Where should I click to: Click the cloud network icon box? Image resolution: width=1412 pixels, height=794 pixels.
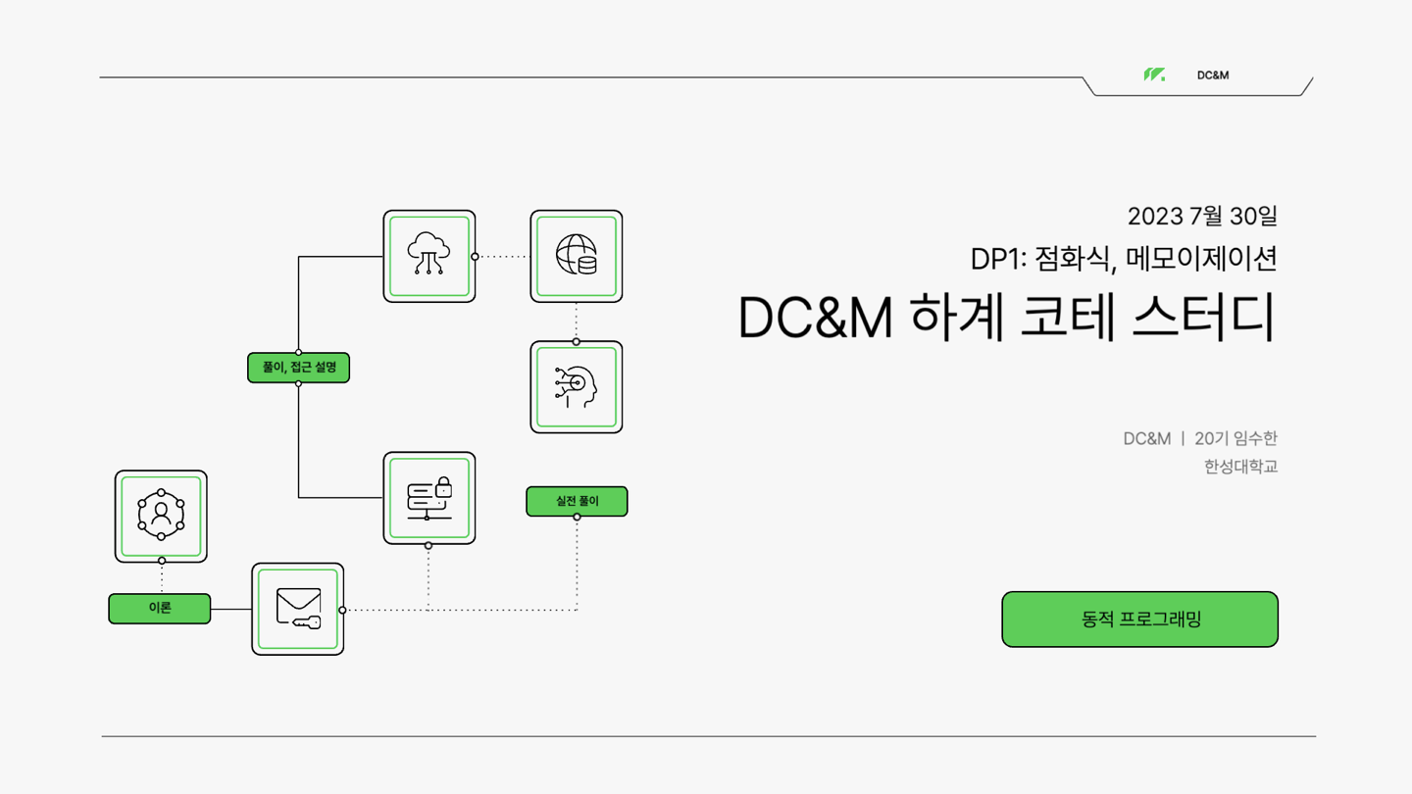(429, 256)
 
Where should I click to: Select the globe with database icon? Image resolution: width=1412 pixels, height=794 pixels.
(577, 256)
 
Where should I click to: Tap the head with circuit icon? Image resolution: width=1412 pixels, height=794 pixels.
(577, 387)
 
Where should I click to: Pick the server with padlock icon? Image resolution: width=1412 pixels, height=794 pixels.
(429, 498)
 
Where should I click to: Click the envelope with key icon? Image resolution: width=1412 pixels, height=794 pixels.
(298, 609)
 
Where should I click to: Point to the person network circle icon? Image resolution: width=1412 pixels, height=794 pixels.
(161, 516)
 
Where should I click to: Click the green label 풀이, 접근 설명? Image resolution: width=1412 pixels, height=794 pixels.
(298, 368)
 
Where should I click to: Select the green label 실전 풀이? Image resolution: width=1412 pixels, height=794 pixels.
(577, 501)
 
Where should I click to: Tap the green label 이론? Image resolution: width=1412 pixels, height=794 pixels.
(160, 609)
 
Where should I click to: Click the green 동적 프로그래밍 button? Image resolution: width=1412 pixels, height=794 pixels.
(1139, 620)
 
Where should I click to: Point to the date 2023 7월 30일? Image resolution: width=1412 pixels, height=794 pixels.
(1202, 216)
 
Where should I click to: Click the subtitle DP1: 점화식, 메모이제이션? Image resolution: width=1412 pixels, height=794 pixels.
(1124, 259)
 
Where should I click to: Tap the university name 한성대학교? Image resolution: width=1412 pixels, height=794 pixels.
(1240, 467)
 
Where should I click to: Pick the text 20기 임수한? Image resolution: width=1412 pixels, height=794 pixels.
(1235, 438)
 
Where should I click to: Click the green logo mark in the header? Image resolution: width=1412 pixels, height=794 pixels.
(1154, 74)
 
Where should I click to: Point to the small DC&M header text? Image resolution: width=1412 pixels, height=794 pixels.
(1213, 75)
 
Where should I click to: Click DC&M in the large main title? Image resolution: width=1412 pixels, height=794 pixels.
(815, 318)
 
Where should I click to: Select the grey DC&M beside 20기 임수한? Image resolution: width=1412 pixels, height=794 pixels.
(1146, 438)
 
